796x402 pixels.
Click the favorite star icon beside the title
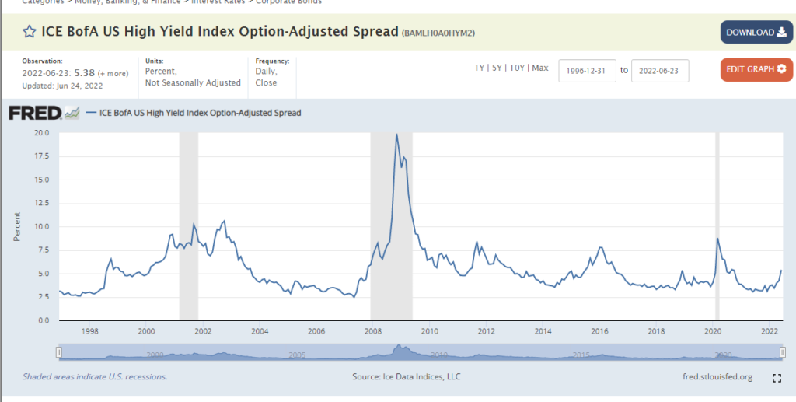point(29,32)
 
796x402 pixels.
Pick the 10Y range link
point(516,68)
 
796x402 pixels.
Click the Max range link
point(540,68)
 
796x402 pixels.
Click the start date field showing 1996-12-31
point(587,70)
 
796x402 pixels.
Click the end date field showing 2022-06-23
point(659,70)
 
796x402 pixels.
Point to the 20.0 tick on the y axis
point(42,133)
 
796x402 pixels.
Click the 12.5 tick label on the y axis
point(42,204)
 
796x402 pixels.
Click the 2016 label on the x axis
point(599,331)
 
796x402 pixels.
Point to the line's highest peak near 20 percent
point(396,135)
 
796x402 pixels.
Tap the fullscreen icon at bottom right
point(776,378)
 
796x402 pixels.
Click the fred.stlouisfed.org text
point(716,377)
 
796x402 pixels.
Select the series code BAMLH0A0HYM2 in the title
point(438,33)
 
